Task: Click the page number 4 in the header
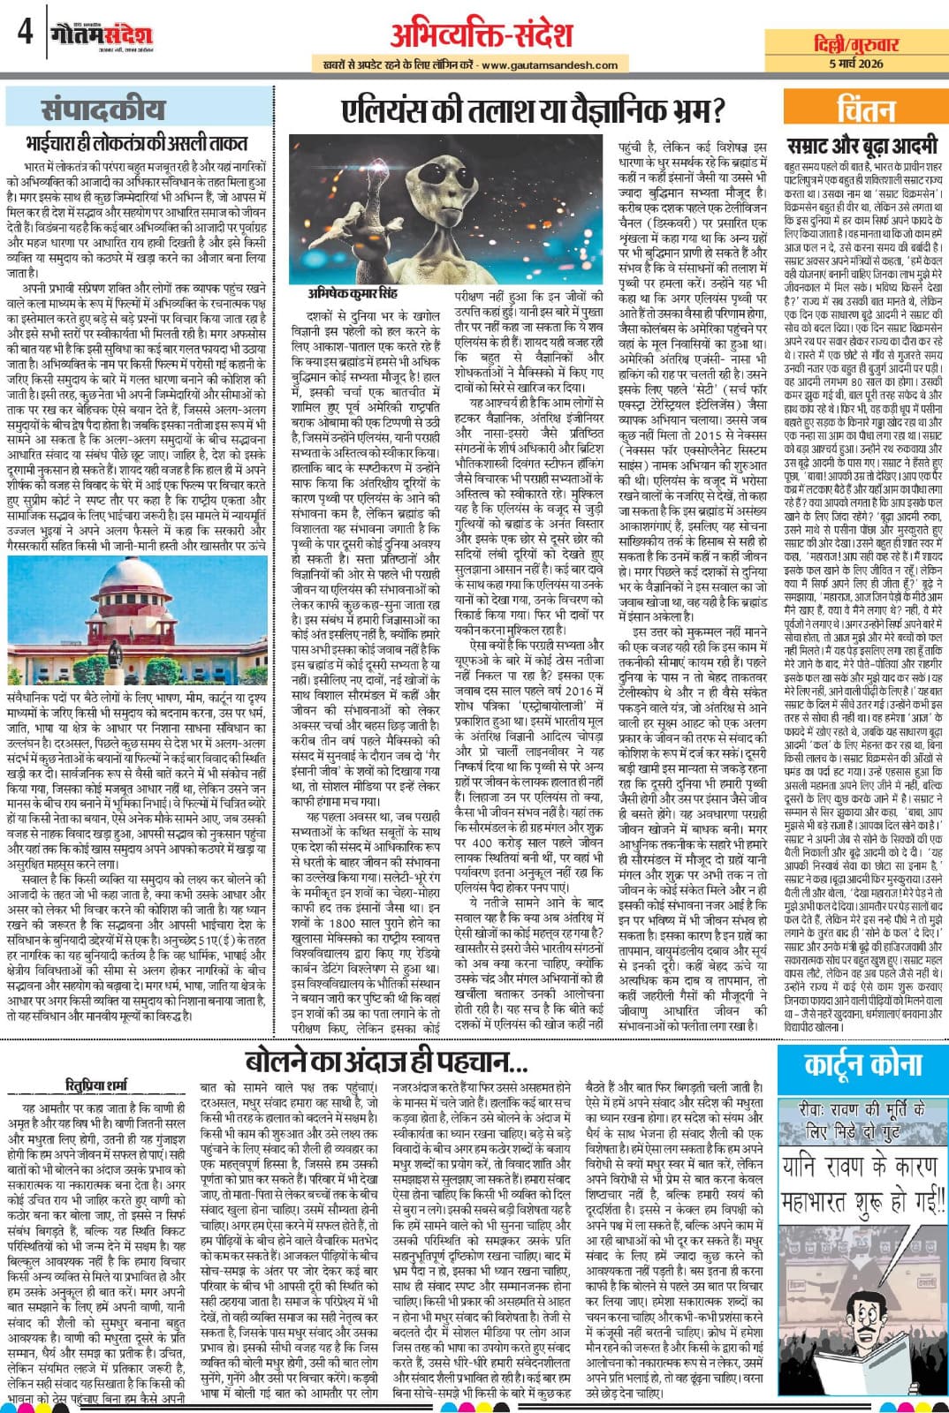(x=24, y=34)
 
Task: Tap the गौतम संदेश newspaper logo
(x=102, y=34)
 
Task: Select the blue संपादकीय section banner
(x=103, y=110)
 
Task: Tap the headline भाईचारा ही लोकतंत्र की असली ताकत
(x=136, y=143)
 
